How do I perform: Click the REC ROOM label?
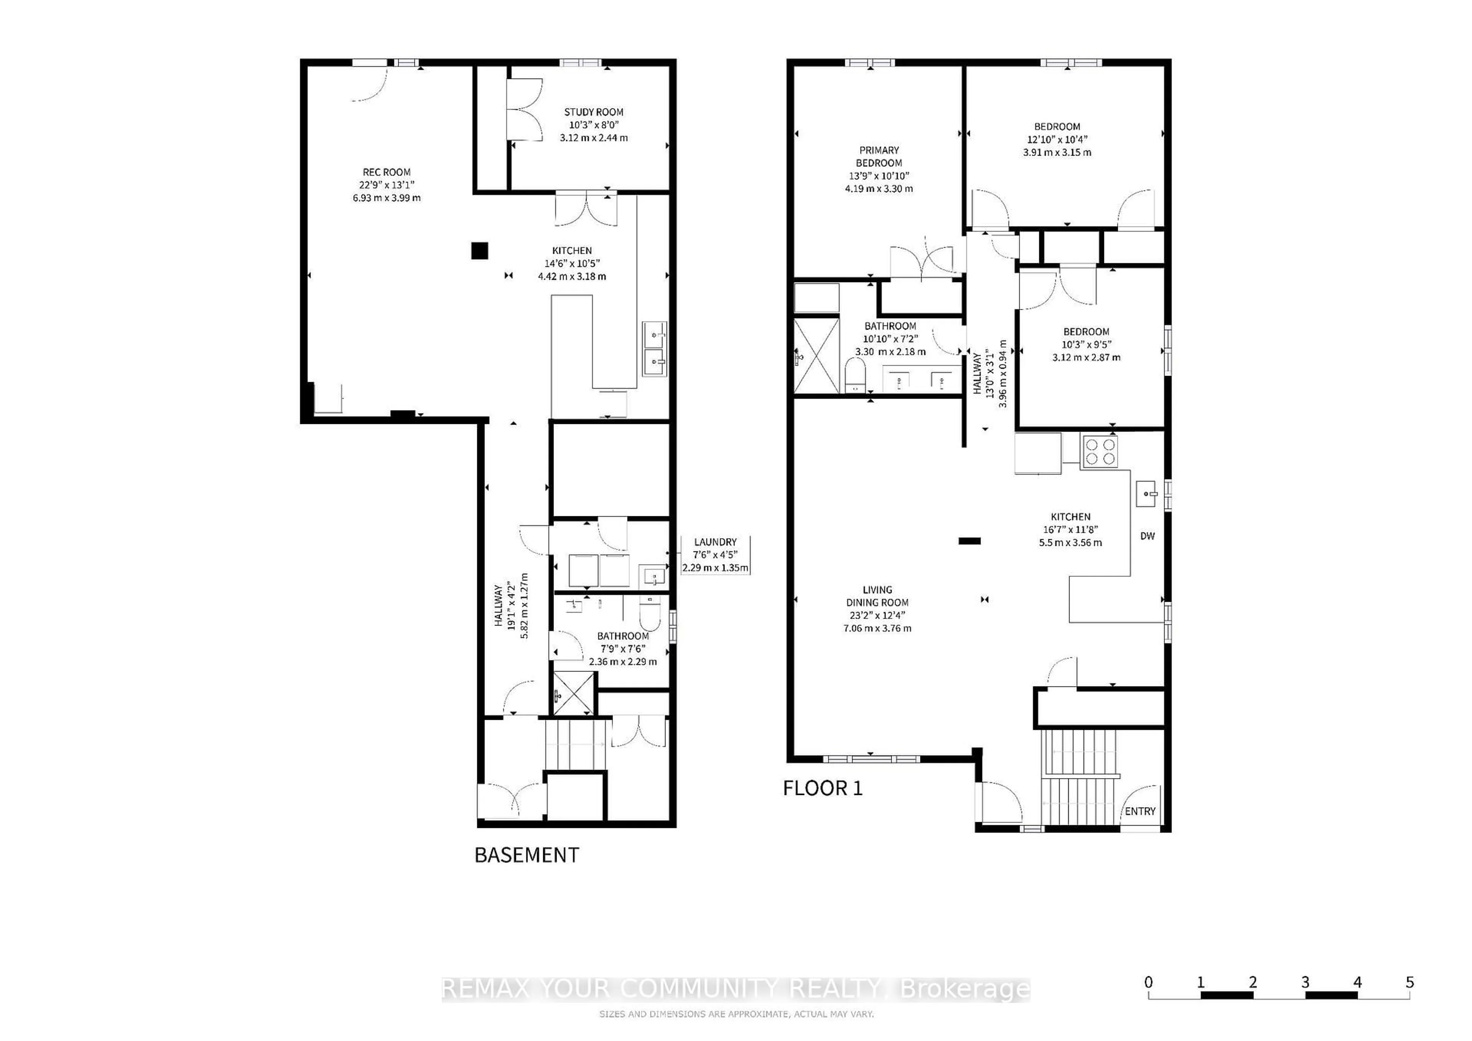click(x=387, y=172)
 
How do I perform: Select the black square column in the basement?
click(x=480, y=251)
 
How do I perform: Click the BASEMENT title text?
click(x=526, y=855)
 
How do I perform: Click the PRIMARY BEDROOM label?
click(x=879, y=156)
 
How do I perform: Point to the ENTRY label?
click(x=1140, y=811)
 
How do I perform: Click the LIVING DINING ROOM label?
click(x=877, y=596)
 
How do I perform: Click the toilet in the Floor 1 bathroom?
click(x=855, y=375)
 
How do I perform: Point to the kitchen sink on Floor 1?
click(x=1146, y=494)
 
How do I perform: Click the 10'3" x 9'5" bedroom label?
click(x=1086, y=344)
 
